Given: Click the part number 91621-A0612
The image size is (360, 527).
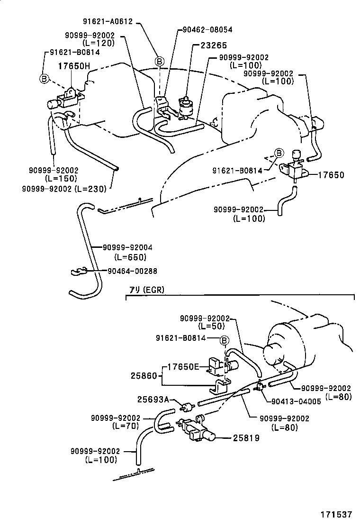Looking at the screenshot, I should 107,21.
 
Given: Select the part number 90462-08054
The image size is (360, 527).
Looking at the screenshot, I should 207,29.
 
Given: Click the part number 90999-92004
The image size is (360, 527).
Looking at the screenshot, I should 127,247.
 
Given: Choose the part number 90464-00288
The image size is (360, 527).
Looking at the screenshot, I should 132,271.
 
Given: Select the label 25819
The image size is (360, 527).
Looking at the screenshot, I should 246,438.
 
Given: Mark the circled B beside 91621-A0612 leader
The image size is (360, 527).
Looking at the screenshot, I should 160,61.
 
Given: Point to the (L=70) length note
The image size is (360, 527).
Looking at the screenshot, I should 126,426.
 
